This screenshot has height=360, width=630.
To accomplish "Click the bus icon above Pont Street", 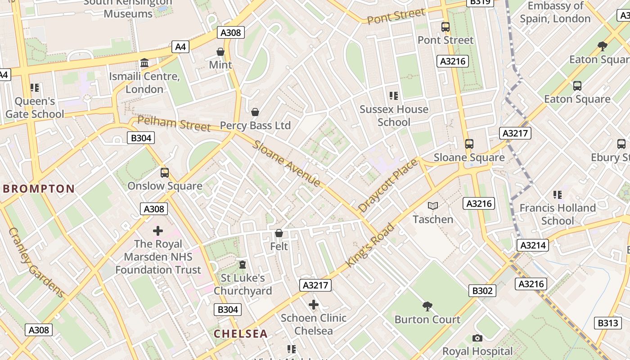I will pyautogui.click(x=445, y=27).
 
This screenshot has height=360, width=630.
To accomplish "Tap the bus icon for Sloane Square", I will pyautogui.click(x=469, y=144).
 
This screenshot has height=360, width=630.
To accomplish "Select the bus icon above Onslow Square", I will pyautogui.click(x=165, y=173).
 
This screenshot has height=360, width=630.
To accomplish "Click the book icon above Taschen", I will pyautogui.click(x=433, y=206).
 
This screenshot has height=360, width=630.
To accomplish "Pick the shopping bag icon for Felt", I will pyautogui.click(x=279, y=233).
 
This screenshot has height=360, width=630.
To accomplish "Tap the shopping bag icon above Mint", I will pyautogui.click(x=220, y=52).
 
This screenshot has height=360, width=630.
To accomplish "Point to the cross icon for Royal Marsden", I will pyautogui.click(x=158, y=231).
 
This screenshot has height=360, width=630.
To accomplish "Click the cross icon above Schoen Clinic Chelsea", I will pyautogui.click(x=314, y=305).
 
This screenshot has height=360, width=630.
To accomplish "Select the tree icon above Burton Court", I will pyautogui.click(x=427, y=306).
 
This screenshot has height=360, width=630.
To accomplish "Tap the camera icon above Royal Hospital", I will pyautogui.click(x=477, y=338).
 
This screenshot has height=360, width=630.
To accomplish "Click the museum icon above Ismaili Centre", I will pyautogui.click(x=144, y=63).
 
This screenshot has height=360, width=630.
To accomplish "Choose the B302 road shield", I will pyautogui.click(x=482, y=291).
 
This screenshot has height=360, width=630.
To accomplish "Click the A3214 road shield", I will pyautogui.click(x=533, y=245).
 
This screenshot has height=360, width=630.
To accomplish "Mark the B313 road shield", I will pyautogui.click(x=607, y=323).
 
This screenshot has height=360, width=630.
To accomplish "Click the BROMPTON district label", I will pyautogui.click(x=39, y=189).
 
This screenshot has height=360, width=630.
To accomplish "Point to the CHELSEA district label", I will pyautogui.click(x=241, y=334).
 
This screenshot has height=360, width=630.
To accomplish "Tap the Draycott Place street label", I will pyautogui.click(x=388, y=185).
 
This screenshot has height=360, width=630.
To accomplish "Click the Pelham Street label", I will pyautogui.click(x=174, y=123).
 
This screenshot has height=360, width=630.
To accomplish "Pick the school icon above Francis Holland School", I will pyautogui.click(x=558, y=195).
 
